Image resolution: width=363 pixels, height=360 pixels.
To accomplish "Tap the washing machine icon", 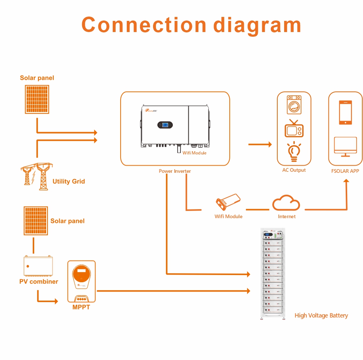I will (x=294, y=104).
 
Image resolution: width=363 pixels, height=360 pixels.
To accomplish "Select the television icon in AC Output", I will (x=294, y=129).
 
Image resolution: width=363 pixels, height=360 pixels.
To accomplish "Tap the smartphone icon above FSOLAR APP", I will (x=345, y=112).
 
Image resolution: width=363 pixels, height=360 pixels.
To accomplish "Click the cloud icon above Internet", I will (x=286, y=203).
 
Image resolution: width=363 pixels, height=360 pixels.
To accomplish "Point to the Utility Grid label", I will (x=68, y=181).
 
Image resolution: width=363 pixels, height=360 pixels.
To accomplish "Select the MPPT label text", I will (x=81, y=307).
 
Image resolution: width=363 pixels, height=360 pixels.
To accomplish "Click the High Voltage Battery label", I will (x=321, y=316).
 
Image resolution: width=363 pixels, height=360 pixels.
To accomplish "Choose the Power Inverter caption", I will (x=175, y=171).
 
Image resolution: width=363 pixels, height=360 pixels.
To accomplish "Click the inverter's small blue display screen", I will (x=165, y=125).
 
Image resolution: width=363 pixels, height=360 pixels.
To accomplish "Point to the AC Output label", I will (x=294, y=170).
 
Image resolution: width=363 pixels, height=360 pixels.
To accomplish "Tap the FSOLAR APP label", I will (x=345, y=171).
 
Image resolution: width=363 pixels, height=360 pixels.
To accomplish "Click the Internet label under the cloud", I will (x=287, y=216).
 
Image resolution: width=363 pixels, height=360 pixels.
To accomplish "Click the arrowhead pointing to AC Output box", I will (x=269, y=144).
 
